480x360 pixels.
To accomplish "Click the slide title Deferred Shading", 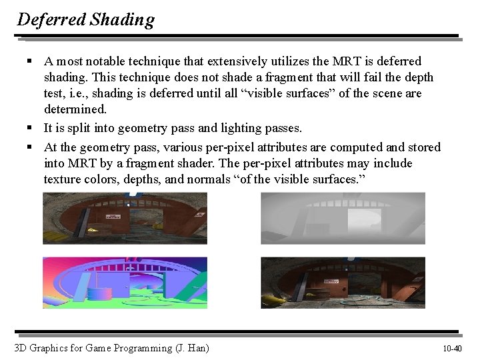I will click(x=85, y=19).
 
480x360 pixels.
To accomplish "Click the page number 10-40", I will click(x=452, y=349).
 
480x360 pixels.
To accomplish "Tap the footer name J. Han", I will click(x=191, y=348).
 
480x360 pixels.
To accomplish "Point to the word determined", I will click(x=75, y=109).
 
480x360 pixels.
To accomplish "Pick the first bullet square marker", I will click(x=31, y=61).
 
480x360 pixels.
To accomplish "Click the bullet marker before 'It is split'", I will click(x=31, y=127).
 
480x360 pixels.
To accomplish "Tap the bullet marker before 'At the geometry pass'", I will click(x=31, y=147).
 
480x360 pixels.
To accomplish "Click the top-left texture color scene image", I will click(x=125, y=218).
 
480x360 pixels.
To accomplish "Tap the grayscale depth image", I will click(x=343, y=218).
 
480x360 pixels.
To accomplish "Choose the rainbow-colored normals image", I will click(x=125, y=283).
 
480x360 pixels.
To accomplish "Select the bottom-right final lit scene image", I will click(x=343, y=283).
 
